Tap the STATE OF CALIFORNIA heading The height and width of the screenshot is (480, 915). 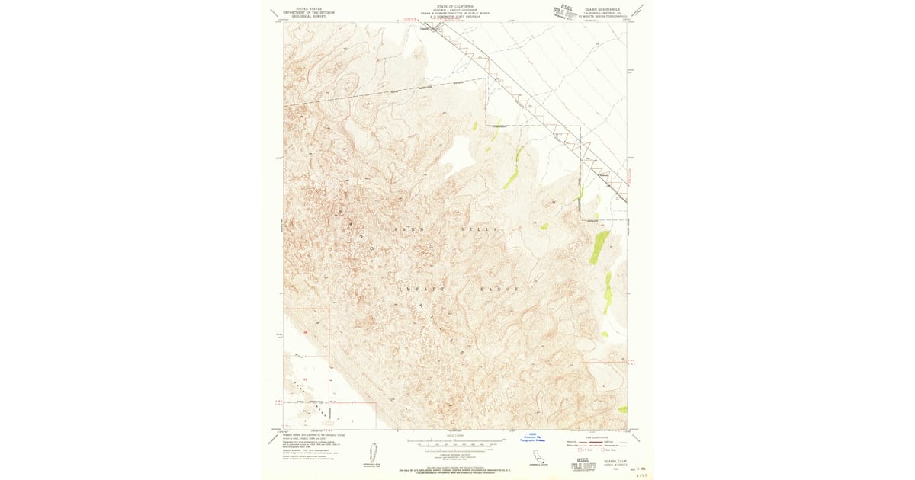456,5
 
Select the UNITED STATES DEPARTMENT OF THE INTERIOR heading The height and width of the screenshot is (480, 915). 309,11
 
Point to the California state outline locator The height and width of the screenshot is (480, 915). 538,457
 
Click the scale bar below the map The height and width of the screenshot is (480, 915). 456,442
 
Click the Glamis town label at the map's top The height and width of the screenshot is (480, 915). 428,30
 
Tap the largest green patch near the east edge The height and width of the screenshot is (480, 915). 599,248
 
